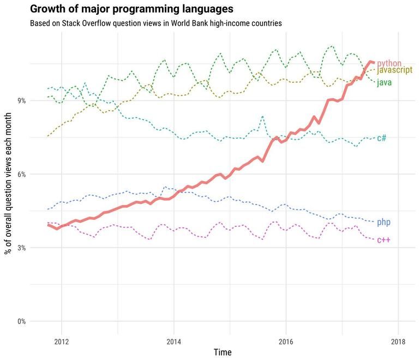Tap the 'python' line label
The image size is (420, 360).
click(x=389, y=64)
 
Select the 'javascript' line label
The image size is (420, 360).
click(x=394, y=71)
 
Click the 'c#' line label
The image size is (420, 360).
click(x=382, y=138)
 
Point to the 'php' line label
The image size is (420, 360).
click(x=383, y=223)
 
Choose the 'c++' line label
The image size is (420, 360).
click(x=383, y=240)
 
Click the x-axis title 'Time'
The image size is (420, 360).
click(x=222, y=352)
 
